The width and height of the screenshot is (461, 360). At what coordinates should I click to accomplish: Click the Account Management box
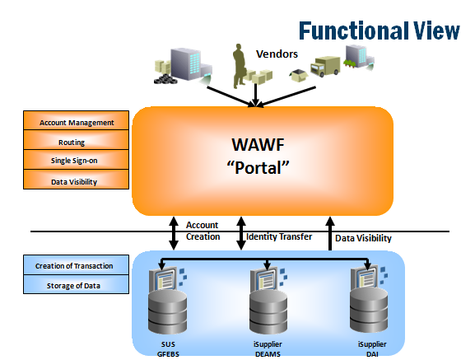pos(76,120)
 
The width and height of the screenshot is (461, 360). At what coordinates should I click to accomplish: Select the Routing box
pos(76,140)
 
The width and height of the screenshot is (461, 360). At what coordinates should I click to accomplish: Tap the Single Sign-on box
pos(76,160)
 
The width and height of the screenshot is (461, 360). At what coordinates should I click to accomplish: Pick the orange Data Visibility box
pos(76,180)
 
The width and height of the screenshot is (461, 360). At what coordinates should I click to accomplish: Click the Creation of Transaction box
pos(76,265)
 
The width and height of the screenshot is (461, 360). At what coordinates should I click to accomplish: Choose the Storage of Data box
pos(76,284)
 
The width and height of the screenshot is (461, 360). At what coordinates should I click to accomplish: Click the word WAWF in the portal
pos(258,145)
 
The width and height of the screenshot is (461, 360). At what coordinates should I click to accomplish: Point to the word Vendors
pos(277,54)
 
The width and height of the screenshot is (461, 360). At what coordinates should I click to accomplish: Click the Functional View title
pos(380,30)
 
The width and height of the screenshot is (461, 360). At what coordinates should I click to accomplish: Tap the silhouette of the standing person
pos(240,66)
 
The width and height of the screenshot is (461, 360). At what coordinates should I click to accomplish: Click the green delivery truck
pos(325,66)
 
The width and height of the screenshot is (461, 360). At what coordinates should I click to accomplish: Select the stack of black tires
pos(165,79)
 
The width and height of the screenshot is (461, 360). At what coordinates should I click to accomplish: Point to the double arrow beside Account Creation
pos(174,233)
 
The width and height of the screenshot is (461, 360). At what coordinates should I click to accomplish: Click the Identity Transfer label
pos(279,236)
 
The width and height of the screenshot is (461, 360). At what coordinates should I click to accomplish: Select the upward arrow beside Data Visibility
pos(330,233)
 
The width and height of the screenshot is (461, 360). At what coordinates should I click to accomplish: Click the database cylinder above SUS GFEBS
pos(167,311)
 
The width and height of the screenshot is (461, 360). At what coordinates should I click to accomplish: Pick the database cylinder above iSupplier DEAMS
pos(268,311)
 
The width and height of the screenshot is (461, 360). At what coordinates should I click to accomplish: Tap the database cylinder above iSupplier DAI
pos(369,310)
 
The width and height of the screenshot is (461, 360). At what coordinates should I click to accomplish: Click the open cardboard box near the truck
pos(298,76)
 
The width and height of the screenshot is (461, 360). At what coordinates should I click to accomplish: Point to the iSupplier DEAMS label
pos(268,349)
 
